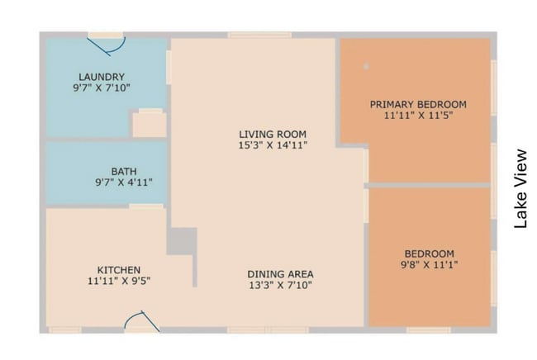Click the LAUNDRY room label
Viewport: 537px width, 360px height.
coord(102,77)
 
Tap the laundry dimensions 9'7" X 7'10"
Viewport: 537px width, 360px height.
coord(102,88)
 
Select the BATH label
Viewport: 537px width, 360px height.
coord(124,171)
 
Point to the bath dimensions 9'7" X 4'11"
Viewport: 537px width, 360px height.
coord(124,182)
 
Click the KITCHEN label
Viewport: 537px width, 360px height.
coord(119,270)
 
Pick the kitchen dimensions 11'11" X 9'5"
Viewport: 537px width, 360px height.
coord(119,281)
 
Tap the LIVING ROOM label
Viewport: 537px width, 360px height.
coord(273,134)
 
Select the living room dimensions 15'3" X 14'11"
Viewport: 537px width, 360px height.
coord(273,145)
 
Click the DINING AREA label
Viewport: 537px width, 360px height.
coord(280,274)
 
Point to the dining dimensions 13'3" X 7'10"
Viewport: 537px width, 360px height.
coord(280,285)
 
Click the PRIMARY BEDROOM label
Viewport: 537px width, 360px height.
coord(418,104)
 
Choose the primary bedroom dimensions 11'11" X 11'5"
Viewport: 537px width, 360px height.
coord(418,116)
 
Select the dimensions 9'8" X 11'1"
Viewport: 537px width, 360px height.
coord(429,264)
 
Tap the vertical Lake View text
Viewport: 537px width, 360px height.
coord(520,188)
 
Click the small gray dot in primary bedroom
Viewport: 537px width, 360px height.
coord(366,66)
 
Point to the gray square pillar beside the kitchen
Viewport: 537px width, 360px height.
coord(182,241)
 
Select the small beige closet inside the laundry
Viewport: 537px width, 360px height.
coord(150,125)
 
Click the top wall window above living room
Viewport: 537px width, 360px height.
coord(260,35)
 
